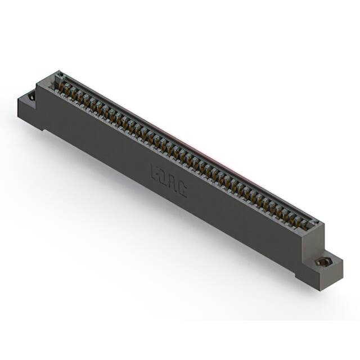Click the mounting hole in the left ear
coord(31,96)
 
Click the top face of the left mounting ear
coord(28,99)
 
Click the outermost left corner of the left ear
coord(18,101)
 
